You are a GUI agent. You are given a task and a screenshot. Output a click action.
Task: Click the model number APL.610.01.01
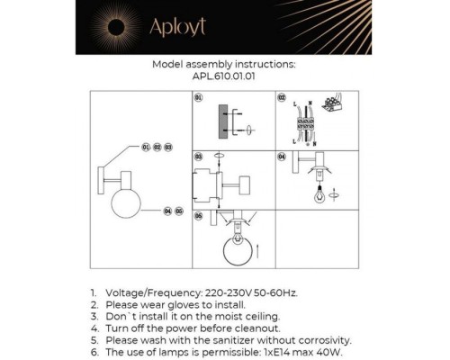[x=224, y=76]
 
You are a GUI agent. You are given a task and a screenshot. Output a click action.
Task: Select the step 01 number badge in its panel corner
[x=199, y=97]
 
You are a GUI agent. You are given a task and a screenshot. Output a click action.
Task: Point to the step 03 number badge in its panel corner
[x=199, y=156]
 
